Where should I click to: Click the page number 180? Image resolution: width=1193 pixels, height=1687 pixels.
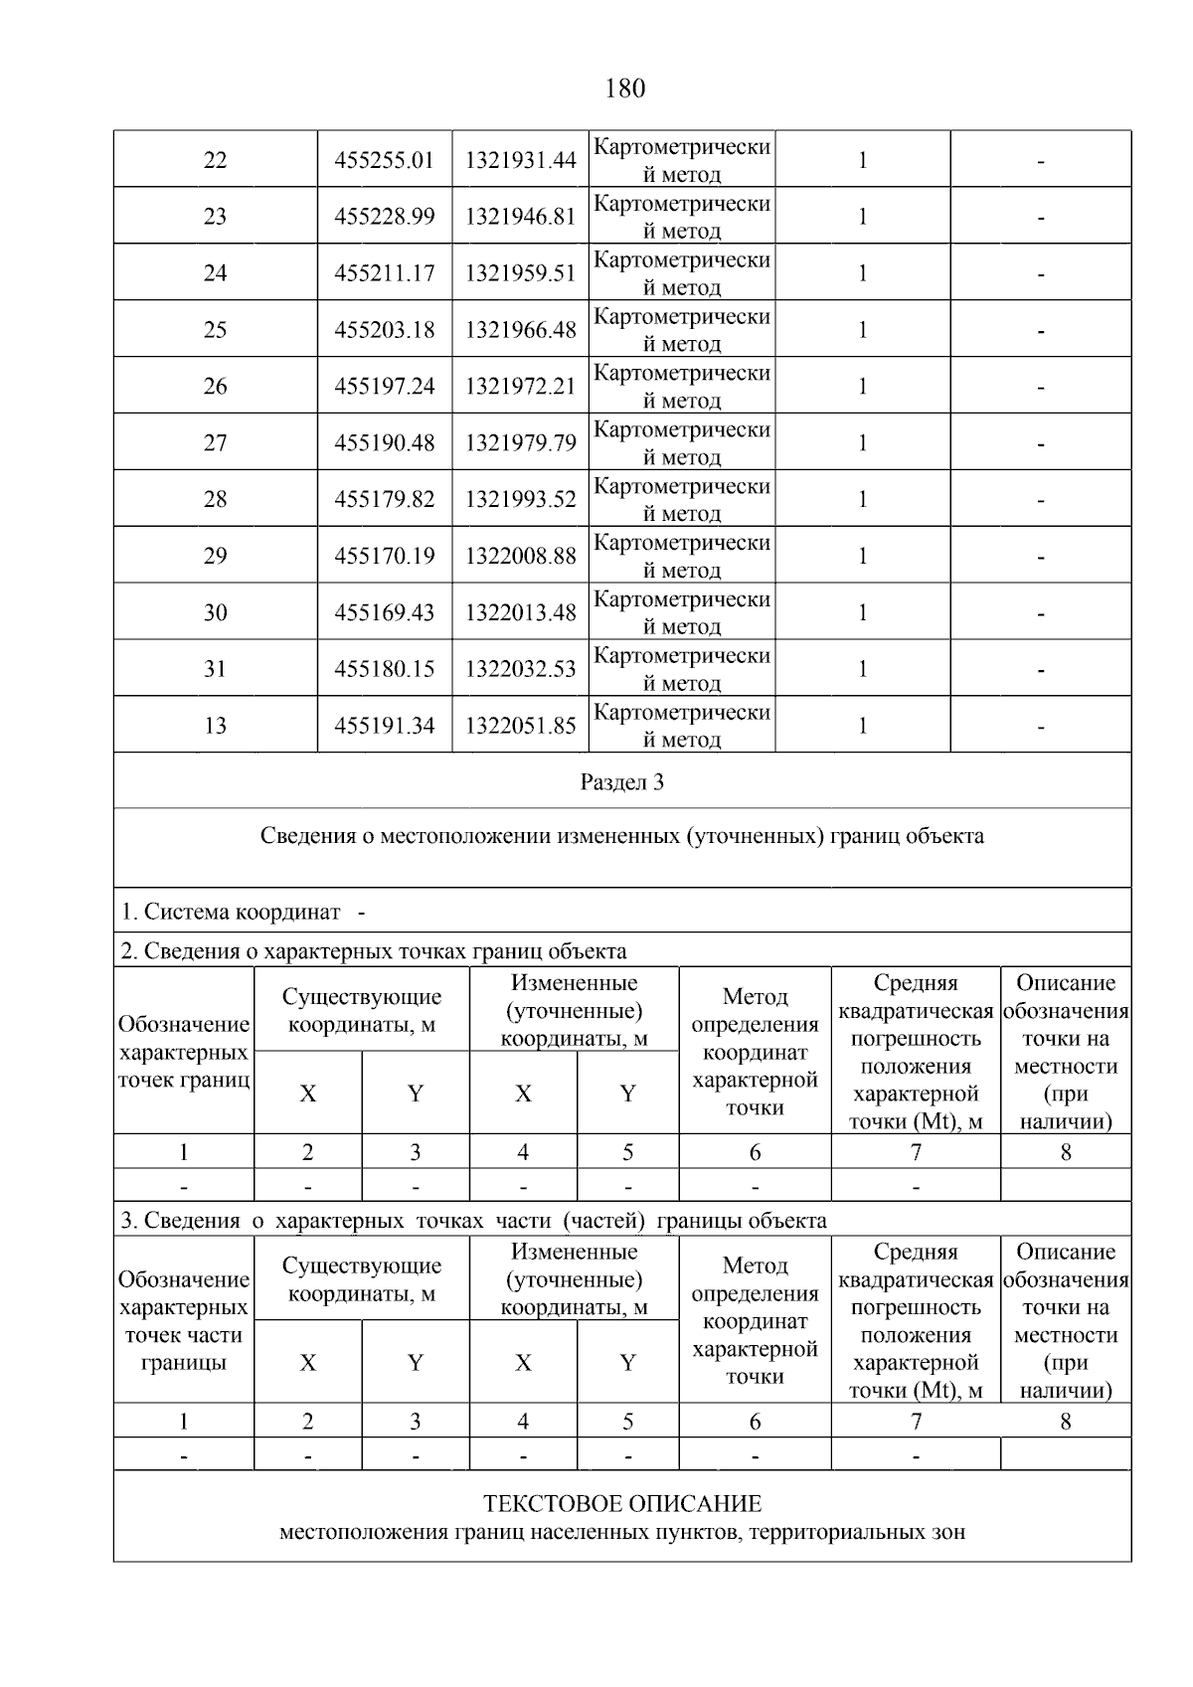[624, 88]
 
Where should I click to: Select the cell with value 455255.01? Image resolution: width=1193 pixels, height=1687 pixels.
[385, 160]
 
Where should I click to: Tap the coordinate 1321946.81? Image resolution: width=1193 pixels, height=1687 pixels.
[520, 217]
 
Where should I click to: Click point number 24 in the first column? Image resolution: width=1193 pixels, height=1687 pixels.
[215, 273]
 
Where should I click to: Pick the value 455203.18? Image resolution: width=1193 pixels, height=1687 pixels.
[385, 330]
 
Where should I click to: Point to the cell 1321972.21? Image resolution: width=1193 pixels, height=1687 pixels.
[520, 387]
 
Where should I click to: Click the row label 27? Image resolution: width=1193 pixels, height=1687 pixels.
[215, 443]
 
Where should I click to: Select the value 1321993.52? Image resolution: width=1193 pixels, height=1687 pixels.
[520, 500]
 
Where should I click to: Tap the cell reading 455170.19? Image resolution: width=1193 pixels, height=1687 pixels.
[385, 557]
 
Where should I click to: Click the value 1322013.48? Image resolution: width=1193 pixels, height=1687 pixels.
[520, 613]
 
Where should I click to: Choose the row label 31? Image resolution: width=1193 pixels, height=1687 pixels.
[215, 670]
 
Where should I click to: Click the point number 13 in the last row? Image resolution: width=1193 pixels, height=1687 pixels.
[215, 727]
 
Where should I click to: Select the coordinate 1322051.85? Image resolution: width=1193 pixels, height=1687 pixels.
[520, 727]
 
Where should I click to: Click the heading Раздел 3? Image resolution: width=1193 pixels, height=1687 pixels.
[622, 782]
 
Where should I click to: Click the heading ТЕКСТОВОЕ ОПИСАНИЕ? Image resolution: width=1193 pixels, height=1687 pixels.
[622, 1504]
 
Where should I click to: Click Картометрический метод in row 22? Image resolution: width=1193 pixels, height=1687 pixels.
[681, 160]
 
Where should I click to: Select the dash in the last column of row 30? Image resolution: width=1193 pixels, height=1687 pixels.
[1040, 614]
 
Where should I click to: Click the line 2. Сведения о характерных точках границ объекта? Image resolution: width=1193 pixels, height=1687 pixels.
[374, 951]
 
